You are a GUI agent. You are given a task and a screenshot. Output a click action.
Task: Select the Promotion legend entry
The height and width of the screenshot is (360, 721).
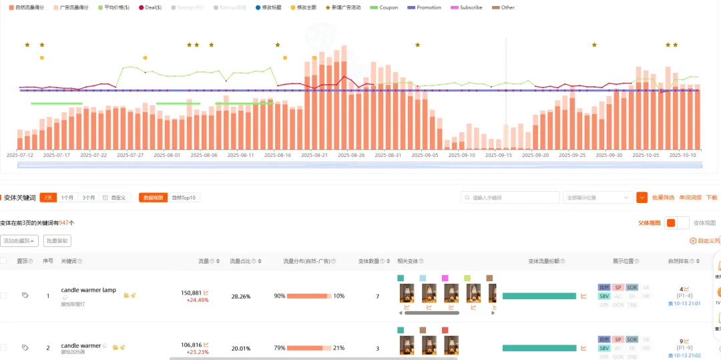pos(425,7)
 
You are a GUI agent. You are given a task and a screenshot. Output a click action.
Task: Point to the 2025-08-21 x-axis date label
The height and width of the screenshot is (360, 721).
pos(314,154)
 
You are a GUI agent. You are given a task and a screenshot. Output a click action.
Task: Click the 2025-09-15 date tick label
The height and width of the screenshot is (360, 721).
pos(499,154)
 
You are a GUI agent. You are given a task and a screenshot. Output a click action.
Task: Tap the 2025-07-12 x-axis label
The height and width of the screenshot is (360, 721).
pos(20,154)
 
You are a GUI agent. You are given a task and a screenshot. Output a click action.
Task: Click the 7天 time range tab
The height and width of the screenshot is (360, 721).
pos(48,198)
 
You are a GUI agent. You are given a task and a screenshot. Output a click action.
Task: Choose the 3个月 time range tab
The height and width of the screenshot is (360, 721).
pos(88,198)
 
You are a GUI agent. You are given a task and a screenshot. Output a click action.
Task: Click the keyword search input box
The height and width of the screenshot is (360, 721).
pos(511,198)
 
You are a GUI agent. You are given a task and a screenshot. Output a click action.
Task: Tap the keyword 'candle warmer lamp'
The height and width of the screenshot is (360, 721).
pos(88,290)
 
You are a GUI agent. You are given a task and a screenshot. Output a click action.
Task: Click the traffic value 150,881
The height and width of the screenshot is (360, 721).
pos(191,293)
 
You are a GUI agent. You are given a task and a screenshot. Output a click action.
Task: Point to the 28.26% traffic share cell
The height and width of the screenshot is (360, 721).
pos(240,296)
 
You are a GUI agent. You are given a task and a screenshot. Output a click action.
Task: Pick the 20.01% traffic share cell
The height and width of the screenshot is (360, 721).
pos(240,348)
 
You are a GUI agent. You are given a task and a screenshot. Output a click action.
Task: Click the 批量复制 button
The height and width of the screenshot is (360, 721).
pos(57,240)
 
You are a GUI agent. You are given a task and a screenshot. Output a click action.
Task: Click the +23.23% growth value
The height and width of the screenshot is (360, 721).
pos(197,352)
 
